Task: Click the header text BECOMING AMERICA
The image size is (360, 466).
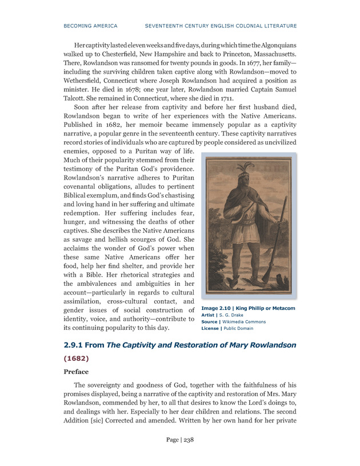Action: coord(90,26)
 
